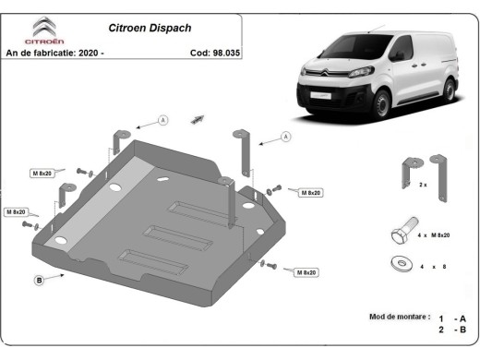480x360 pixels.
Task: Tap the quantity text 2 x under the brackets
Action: coord(423,186)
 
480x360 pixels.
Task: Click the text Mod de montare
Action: coord(399,317)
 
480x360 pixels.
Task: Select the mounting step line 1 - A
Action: coord(452,317)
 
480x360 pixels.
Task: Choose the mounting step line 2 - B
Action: coord(452,330)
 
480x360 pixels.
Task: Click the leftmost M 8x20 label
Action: coord(19,211)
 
